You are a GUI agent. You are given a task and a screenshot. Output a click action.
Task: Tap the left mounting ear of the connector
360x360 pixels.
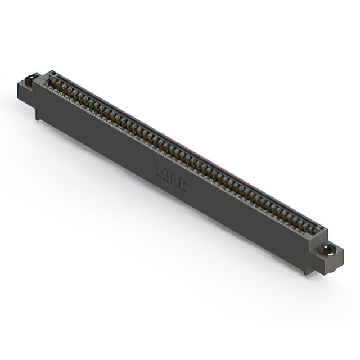pos(28,89)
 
